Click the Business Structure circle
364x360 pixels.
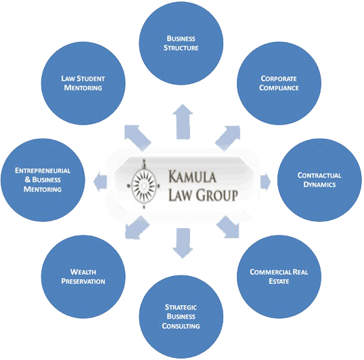coord(181,43)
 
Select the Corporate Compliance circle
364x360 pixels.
coord(279,83)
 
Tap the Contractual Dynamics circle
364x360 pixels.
coord(319,180)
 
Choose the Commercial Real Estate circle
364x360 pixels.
coord(279,277)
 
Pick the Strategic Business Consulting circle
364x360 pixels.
coord(181,317)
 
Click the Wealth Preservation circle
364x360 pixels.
coord(83,277)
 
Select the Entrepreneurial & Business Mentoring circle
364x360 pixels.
coord(43,180)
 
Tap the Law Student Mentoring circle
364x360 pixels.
coord(83,83)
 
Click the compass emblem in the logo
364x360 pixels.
coord(143,185)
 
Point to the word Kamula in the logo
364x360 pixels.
coord(192,177)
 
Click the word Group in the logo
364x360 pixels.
coord(217,195)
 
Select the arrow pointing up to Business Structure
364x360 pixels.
coord(183,122)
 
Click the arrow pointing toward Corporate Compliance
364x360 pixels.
coord(229,138)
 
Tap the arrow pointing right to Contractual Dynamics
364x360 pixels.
coord(266,181)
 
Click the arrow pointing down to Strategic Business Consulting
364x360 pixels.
coord(183,243)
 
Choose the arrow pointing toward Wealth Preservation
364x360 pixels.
coord(137,227)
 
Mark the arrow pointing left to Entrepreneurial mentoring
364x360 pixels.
coord(100,181)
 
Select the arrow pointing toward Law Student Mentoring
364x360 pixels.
coord(137,138)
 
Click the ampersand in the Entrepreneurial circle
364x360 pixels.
coord(27,179)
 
